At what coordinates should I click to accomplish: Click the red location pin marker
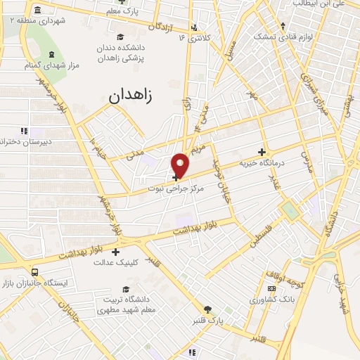tap(181, 165)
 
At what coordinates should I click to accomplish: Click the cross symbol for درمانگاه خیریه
tap(262, 152)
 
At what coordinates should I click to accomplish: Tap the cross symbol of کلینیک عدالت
tap(116, 251)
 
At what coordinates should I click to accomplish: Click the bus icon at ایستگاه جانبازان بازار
tap(35, 272)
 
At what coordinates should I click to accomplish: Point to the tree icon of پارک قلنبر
tap(207, 309)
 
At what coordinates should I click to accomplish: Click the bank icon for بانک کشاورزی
tap(271, 290)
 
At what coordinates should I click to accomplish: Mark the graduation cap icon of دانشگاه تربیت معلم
tap(126, 289)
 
